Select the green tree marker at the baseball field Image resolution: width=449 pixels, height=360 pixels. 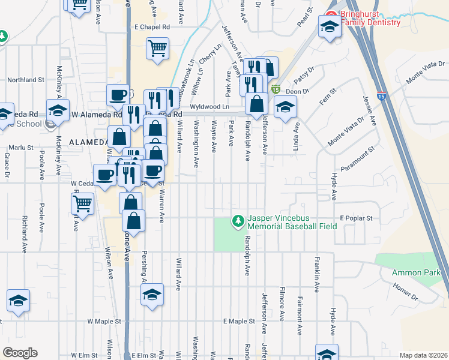238,222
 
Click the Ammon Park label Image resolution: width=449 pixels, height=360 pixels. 411,272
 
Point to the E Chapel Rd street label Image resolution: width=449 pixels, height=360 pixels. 152,27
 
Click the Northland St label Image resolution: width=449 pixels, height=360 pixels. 26,79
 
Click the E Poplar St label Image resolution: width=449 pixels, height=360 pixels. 357,218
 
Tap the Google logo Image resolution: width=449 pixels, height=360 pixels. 20,353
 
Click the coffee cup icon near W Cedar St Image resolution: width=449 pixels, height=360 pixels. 106,175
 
